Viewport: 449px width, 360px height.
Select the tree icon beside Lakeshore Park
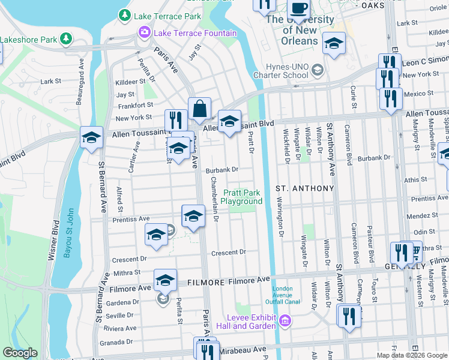click(x=66, y=40)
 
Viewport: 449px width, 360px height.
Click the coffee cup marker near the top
click(x=298, y=9)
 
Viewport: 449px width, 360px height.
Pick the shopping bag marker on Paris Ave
click(x=199, y=109)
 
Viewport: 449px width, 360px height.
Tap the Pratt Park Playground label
click(x=243, y=197)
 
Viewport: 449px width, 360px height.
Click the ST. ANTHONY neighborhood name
click(x=304, y=188)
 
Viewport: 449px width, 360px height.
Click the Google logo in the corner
click(x=20, y=353)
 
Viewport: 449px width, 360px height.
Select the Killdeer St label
click(x=130, y=82)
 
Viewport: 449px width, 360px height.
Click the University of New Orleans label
click(x=300, y=30)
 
